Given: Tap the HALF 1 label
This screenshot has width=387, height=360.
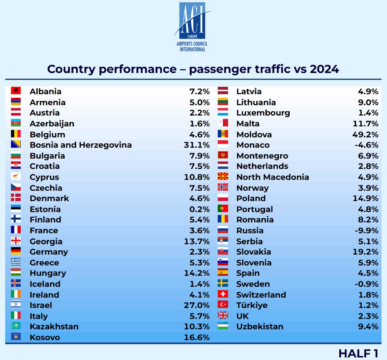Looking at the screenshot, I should click(358, 353).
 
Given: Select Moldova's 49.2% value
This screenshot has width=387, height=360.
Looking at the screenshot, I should click(365, 134).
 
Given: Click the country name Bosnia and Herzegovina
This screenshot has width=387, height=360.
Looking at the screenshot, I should click(81, 145).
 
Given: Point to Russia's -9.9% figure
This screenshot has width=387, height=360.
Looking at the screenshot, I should click(366, 230).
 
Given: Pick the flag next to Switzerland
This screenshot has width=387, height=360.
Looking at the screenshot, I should click(223, 294).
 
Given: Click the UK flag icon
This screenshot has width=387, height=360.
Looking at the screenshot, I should click(223, 316).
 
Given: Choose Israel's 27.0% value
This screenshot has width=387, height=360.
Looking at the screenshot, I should click(197, 305).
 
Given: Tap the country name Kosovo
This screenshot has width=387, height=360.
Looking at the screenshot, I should click(45, 337).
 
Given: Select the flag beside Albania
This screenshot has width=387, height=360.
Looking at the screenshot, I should click(16, 91).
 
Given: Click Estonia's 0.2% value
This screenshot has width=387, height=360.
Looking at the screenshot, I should click(199, 209).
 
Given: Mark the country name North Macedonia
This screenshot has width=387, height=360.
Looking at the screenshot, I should click(273, 177).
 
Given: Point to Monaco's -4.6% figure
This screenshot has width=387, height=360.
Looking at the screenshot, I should click(366, 145).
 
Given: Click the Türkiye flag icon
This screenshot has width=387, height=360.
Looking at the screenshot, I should click(223, 305).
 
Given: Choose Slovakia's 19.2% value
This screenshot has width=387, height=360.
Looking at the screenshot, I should click(365, 252).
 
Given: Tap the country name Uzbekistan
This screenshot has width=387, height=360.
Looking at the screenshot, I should click(260, 327).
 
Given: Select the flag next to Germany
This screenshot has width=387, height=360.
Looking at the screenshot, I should click(16, 252).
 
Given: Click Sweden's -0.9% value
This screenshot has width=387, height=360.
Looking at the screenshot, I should click(366, 284).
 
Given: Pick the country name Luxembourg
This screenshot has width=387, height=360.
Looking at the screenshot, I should click(263, 113).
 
